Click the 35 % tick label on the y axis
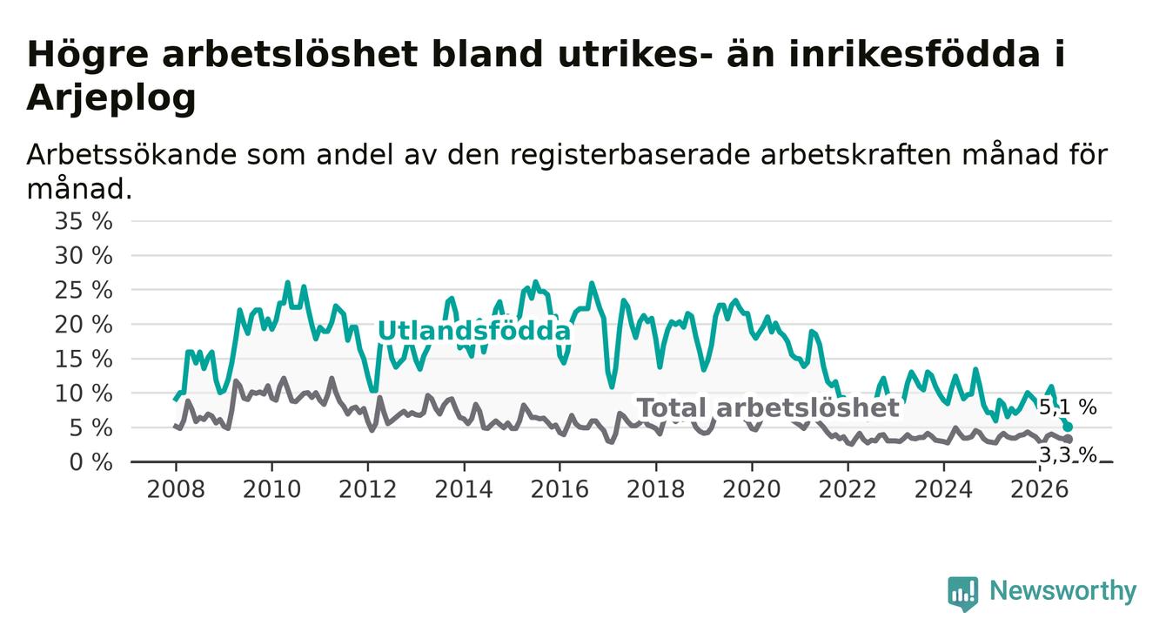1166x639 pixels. (x=84, y=221)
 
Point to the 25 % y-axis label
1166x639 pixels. (x=84, y=290)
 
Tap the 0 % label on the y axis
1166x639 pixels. (x=90, y=462)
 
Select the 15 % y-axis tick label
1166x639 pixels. (x=84, y=359)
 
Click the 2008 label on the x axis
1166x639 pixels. (x=176, y=489)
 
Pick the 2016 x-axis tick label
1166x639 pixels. (x=560, y=489)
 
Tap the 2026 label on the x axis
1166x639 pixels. (x=1040, y=489)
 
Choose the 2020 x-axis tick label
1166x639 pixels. (x=752, y=489)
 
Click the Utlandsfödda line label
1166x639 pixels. (x=474, y=331)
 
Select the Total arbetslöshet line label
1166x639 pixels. (x=768, y=407)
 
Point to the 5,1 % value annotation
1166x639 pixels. (x=1068, y=407)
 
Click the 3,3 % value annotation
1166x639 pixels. (x=1068, y=455)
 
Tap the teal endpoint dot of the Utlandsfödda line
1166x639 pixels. (x=1068, y=427)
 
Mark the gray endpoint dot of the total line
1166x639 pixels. (x=1068, y=439)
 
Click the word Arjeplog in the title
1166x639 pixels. (x=111, y=98)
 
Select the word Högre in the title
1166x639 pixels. (x=87, y=55)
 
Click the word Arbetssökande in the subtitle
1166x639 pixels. (x=131, y=155)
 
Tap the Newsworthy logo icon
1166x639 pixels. (x=962, y=594)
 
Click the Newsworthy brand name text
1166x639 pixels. (x=1063, y=591)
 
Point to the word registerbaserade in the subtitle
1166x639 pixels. (x=630, y=155)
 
